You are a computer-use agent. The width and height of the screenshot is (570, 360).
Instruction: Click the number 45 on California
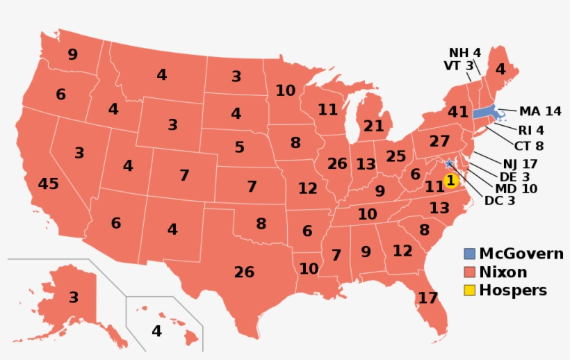tap(49, 184)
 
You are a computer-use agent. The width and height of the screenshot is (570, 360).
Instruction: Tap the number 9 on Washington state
tap(72, 54)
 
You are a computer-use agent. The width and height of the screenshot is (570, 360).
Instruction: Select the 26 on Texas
tap(244, 272)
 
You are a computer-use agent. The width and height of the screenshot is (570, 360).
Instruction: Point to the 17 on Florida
tap(428, 298)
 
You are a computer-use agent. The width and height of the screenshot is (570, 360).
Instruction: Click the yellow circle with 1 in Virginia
tap(450, 181)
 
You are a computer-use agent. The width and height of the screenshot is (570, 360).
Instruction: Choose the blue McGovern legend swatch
tap(469, 254)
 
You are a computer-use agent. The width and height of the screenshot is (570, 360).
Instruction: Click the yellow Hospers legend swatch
tap(469, 291)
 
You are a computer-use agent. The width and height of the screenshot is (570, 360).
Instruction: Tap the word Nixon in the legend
tap(503, 272)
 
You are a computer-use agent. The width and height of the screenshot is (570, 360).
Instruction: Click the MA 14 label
tap(539, 111)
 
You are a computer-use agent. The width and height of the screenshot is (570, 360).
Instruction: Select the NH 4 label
tap(464, 53)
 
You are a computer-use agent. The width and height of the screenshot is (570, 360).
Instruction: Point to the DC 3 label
tap(500, 201)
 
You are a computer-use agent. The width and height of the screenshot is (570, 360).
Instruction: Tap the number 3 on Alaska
tap(73, 297)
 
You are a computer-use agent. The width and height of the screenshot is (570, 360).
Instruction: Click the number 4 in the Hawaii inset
tap(156, 332)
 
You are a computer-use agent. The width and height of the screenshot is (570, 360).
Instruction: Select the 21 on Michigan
tap(373, 126)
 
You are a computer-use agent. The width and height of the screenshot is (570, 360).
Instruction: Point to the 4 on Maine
tap(500, 69)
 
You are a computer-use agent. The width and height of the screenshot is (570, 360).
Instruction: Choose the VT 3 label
tap(458, 66)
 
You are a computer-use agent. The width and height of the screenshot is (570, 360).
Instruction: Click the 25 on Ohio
tap(395, 156)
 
